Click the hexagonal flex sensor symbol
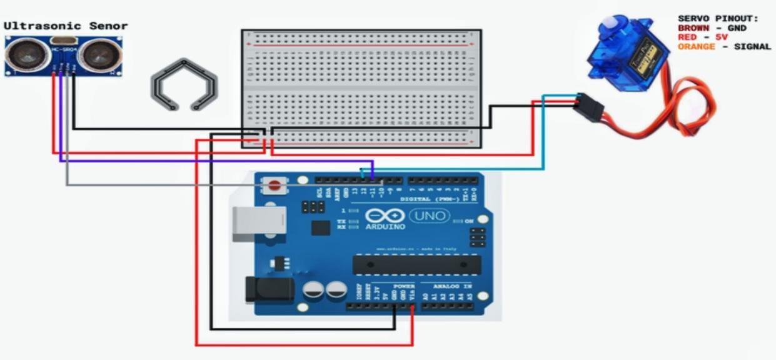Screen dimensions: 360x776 tap(184, 84)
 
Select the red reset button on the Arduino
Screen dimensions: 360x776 tap(274, 185)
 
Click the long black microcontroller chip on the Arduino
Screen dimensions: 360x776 tap(416, 264)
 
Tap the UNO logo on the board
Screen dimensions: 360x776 tap(430, 216)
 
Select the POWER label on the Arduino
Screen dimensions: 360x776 tap(400, 286)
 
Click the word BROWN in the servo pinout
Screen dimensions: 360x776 tap(693, 28)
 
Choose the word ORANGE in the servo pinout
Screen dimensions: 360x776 tap(696, 46)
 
